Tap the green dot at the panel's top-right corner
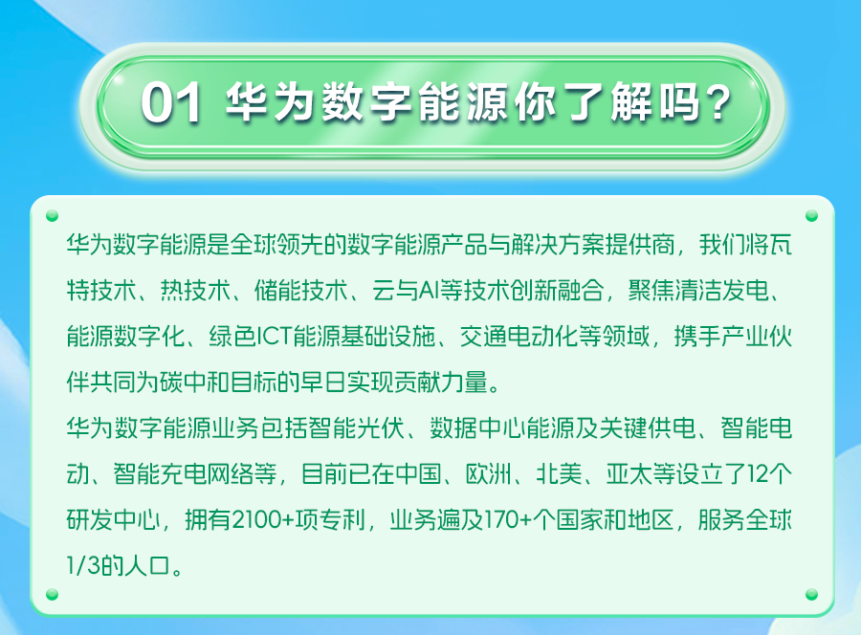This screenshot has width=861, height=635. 812,217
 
